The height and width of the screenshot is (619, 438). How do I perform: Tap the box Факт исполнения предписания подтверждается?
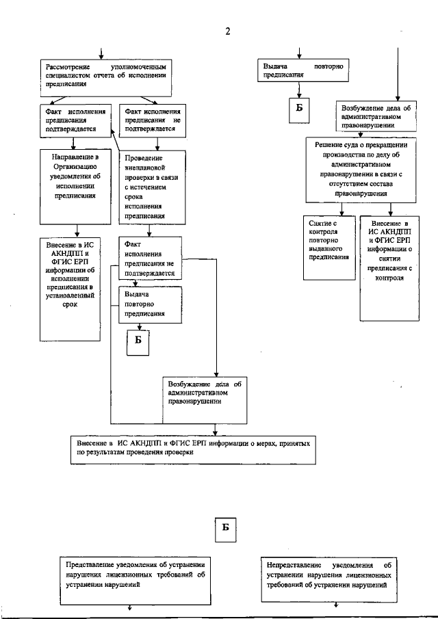(x=75, y=119)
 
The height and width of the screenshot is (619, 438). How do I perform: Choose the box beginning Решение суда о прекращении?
(x=361, y=170)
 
